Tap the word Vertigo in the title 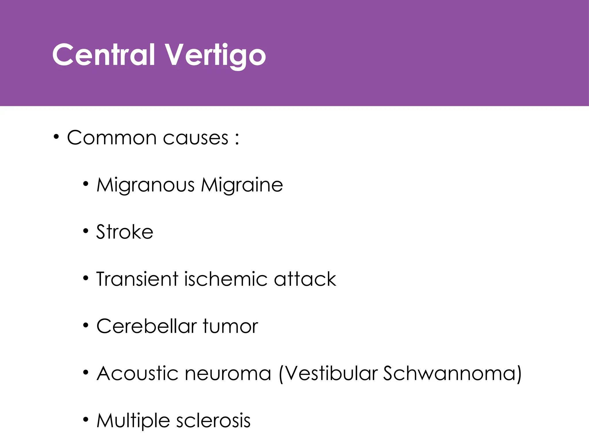(x=215, y=55)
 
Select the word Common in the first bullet (x=112, y=138)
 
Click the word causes (x=196, y=138)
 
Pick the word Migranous (x=146, y=185)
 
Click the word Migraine (x=242, y=185)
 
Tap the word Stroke (x=125, y=232)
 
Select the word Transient (x=137, y=279)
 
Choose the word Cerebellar (x=146, y=326)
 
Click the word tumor (x=230, y=327)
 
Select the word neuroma (x=228, y=374)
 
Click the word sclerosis (x=213, y=421)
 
